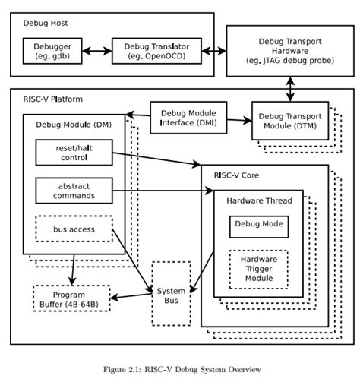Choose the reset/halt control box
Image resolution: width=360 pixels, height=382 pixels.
[x=74, y=151]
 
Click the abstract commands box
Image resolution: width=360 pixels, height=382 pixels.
[x=74, y=190]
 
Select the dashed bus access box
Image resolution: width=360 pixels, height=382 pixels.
[x=74, y=229]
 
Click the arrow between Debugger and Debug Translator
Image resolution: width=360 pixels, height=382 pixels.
[x=96, y=51]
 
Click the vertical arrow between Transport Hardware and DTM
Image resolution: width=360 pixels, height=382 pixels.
[x=290, y=88]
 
